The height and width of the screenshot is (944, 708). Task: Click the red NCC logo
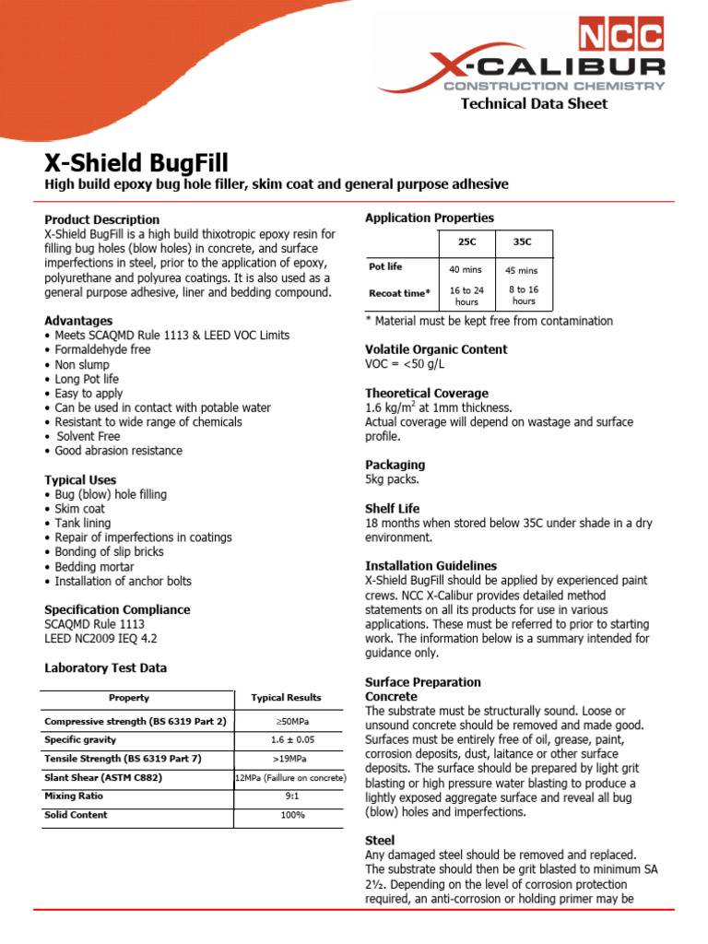[x=620, y=36]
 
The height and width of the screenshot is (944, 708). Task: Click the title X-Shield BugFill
[x=136, y=162]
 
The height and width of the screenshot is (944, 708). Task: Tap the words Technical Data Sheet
[x=534, y=103]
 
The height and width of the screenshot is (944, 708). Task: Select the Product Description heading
[x=102, y=219]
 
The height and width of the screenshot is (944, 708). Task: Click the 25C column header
[x=466, y=242]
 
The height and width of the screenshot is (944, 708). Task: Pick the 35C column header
[x=523, y=242]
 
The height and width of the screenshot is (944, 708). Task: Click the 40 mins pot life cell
[x=466, y=269]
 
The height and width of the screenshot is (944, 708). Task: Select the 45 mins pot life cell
[x=522, y=270]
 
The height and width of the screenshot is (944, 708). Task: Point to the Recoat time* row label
[x=399, y=293]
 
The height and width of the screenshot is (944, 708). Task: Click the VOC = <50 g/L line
[x=410, y=364]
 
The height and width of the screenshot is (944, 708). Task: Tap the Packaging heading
[x=395, y=465]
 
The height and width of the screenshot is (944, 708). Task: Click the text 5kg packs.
[x=393, y=479]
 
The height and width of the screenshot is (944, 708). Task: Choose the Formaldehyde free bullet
[x=102, y=350]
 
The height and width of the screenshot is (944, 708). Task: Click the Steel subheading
[x=380, y=840]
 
